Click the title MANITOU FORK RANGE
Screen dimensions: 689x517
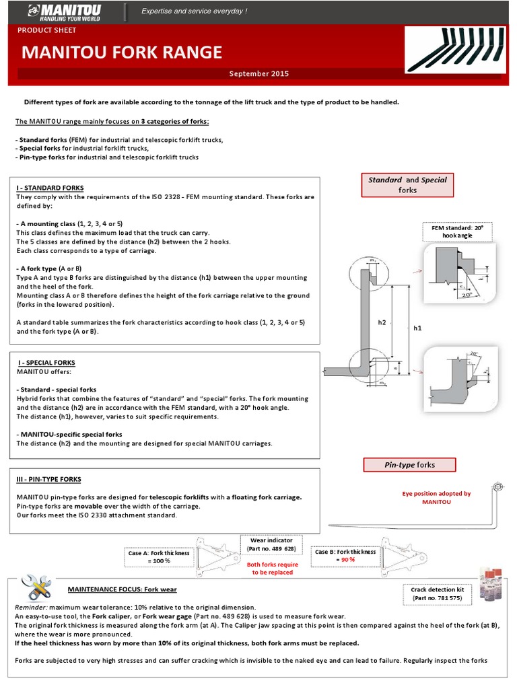122,52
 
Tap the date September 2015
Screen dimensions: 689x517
258,73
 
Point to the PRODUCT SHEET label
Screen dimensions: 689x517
47,30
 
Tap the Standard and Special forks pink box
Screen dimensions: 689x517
407,185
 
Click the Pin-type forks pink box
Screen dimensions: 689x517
409,464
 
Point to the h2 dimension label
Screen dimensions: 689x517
382,322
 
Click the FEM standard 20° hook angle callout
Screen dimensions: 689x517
456,233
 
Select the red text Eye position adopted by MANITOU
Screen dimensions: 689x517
436,497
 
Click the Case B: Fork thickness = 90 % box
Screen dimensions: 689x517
343,555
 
